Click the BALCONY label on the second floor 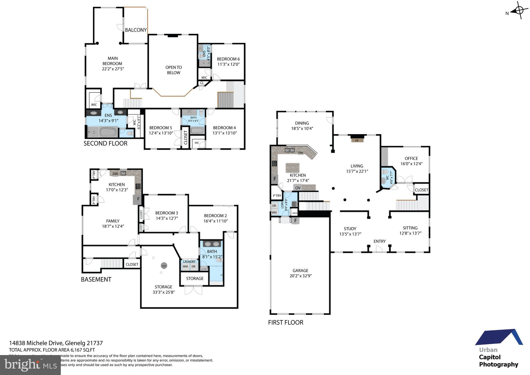pos(136,30)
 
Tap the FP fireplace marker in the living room pos(357,141)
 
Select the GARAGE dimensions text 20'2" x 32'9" pos(300,276)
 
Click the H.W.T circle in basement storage pos(164,266)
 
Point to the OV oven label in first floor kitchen pos(298,188)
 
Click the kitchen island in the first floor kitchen pos(292,168)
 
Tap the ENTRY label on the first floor pos(379,241)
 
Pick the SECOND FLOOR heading pos(105,143)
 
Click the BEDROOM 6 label pos(228,59)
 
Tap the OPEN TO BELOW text pos(173,70)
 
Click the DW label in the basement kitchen pos(115,174)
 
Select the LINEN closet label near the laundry pos(295,213)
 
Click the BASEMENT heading pos(96,279)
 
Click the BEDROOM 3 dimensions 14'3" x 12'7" pos(166,218)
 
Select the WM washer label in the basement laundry pos(185,266)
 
